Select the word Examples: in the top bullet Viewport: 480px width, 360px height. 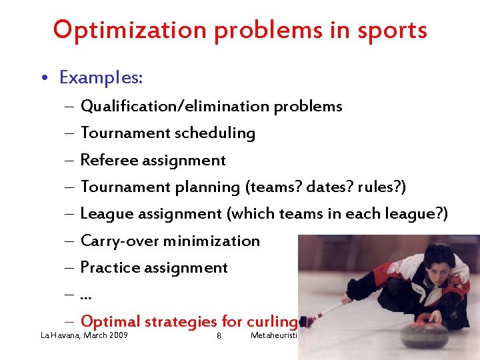pyautogui.click(x=101, y=78)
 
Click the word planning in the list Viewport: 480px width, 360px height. pyautogui.click(x=207, y=187)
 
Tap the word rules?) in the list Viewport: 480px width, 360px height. pyautogui.click(x=381, y=187)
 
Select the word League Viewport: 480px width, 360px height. pyautogui.click(x=105, y=214)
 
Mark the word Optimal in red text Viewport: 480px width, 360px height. pyautogui.click(x=110, y=322)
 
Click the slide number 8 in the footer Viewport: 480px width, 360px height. pyautogui.click(x=219, y=335)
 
